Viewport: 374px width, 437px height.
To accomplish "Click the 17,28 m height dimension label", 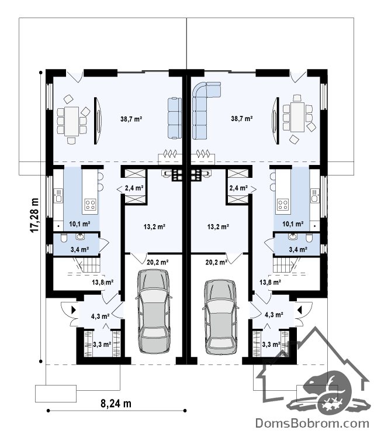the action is [x=34, y=215].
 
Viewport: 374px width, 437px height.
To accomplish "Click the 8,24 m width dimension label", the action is [x=116, y=403].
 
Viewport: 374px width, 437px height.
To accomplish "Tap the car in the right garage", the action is [x=221, y=317].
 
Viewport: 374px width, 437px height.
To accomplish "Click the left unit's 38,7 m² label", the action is [x=131, y=119].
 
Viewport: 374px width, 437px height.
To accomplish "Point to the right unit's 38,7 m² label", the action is [x=242, y=118].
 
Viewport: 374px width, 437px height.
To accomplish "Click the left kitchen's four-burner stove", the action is [x=90, y=204].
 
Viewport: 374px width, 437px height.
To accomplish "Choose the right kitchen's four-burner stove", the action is [x=283, y=204].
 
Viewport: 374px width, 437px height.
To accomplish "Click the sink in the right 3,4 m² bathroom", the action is [x=293, y=237].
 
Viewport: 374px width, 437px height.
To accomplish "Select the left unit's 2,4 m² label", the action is [x=134, y=188].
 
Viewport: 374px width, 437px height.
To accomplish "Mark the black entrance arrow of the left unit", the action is [x=74, y=310].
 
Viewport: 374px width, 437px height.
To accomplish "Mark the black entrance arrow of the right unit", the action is [x=300, y=310].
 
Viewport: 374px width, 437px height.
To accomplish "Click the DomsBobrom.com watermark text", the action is [x=312, y=424].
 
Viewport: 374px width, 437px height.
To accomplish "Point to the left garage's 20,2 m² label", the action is [x=157, y=262].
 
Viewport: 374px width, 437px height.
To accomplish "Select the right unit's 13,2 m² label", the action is [x=218, y=226].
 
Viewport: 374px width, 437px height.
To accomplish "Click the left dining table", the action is [x=71, y=121].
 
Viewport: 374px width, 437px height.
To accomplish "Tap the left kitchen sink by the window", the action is [x=58, y=195].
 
